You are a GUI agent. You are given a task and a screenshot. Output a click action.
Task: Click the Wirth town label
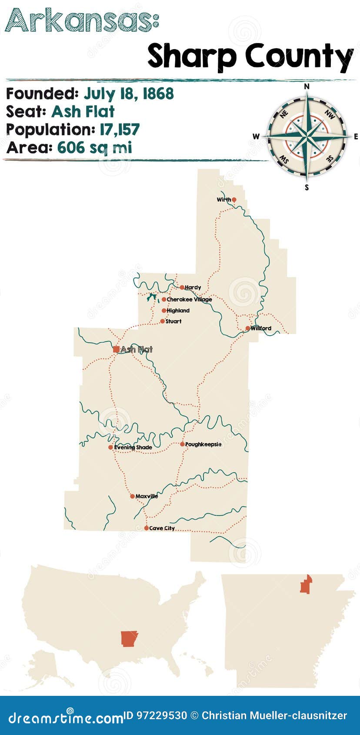(223, 200)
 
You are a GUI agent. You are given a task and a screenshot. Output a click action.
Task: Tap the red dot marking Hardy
(182, 287)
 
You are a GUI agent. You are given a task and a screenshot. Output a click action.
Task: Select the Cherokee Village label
(189, 299)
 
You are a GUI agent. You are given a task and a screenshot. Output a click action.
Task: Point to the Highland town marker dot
(164, 311)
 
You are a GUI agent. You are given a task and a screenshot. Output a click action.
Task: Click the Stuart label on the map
(173, 321)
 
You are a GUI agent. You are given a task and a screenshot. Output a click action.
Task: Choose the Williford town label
(261, 328)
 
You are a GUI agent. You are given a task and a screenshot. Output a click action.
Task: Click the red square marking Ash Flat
(116, 349)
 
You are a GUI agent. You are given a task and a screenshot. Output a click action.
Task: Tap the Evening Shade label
(133, 447)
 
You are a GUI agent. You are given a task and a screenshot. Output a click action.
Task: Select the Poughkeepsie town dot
(183, 444)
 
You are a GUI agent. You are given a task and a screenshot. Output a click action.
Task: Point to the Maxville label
(147, 496)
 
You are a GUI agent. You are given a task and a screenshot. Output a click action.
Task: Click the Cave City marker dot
(147, 528)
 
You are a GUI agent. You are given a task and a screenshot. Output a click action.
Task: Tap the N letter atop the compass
(307, 87)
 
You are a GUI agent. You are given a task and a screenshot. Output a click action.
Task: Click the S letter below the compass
(307, 187)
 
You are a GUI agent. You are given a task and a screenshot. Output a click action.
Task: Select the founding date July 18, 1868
(129, 94)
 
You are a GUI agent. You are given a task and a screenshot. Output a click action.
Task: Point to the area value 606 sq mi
(94, 147)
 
